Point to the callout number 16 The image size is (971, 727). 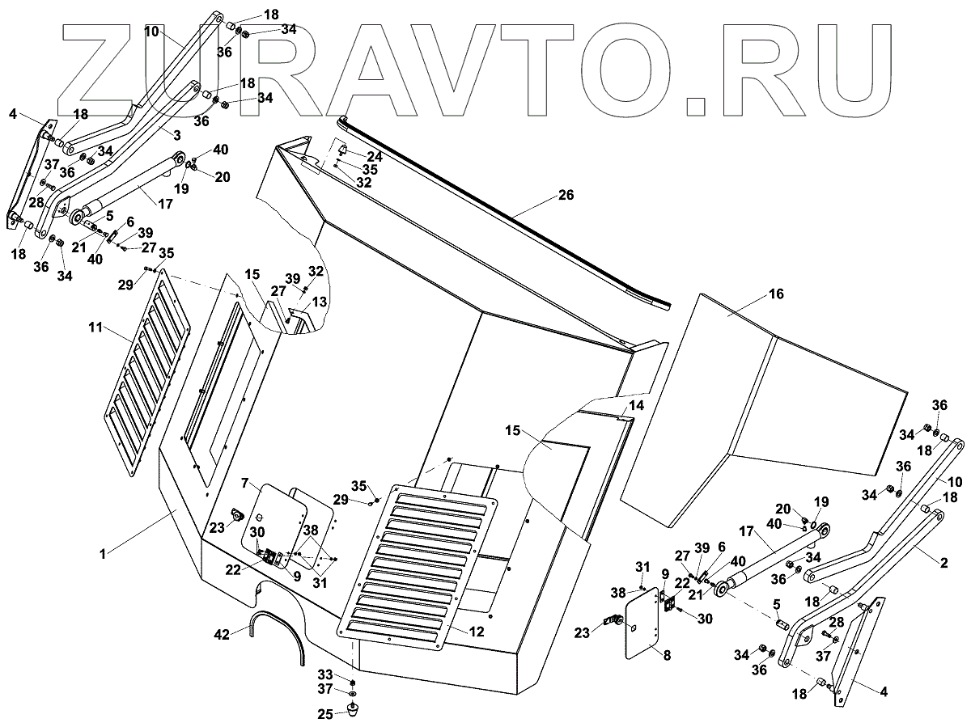point(776,294)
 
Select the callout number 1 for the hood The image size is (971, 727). point(103,553)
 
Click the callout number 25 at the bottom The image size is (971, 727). point(324,714)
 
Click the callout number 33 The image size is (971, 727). point(324,674)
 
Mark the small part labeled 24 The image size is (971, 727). point(343,151)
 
